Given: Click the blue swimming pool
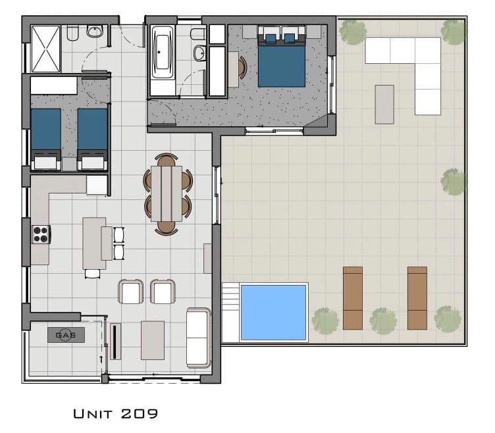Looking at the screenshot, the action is click(x=273, y=313).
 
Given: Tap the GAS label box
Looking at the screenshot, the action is click(x=66, y=335).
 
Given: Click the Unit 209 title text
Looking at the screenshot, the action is click(x=116, y=414).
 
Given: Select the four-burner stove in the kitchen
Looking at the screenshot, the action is click(x=41, y=234).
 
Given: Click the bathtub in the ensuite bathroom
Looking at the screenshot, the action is click(x=163, y=53).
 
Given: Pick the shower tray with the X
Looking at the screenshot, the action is click(x=46, y=49).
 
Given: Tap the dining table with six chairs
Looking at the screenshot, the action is click(x=167, y=193).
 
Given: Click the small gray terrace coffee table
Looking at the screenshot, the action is click(x=384, y=105).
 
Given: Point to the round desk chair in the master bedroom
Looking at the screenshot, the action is click(x=242, y=68).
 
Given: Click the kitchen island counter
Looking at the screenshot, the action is click(x=94, y=243).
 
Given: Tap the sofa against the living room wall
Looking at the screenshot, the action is click(x=199, y=338).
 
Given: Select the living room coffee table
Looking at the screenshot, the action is click(x=153, y=340).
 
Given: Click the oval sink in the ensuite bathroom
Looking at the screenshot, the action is click(x=199, y=53).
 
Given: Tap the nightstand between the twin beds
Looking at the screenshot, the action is click(x=69, y=165).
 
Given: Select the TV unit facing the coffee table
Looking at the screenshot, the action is click(x=115, y=342).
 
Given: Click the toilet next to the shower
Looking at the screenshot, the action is click(x=72, y=33).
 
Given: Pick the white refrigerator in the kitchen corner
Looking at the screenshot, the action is click(x=97, y=186).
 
